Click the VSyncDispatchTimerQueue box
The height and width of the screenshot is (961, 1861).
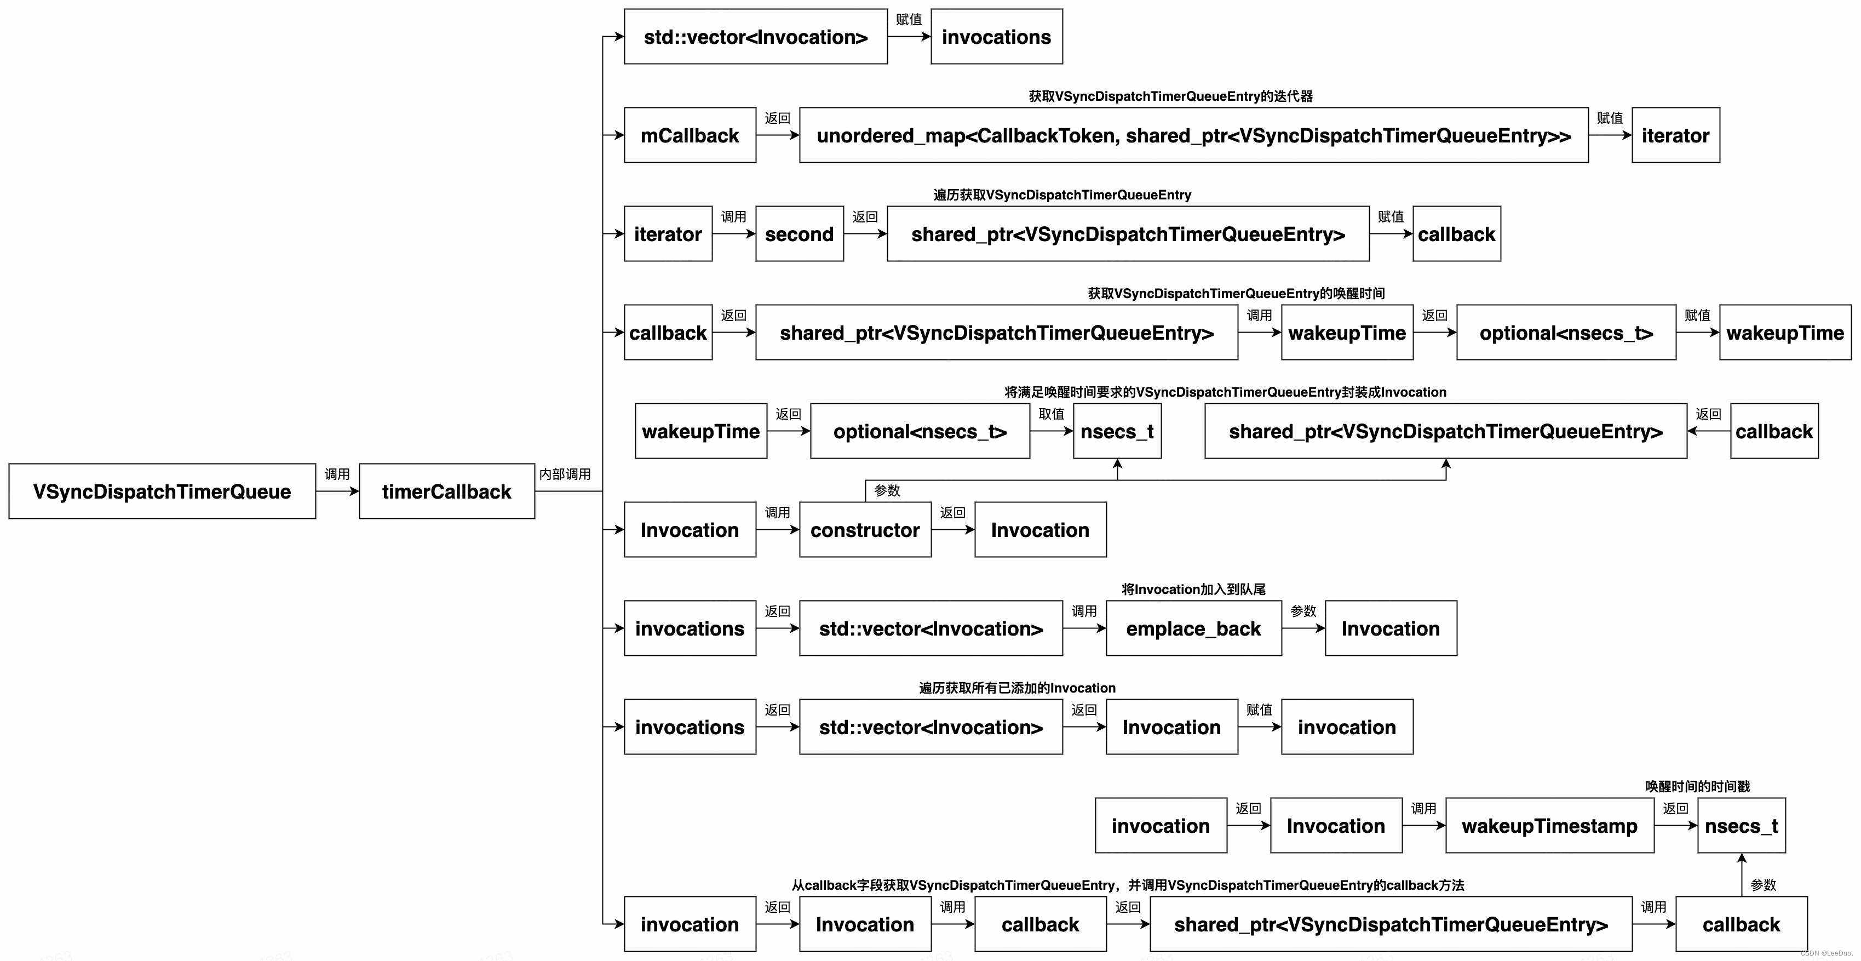click(x=162, y=491)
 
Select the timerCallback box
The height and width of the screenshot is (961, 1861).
click(x=446, y=491)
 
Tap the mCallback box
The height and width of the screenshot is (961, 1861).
click(x=690, y=135)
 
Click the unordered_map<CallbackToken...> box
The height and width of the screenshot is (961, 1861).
click(x=1193, y=135)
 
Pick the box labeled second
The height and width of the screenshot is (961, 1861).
click(x=799, y=234)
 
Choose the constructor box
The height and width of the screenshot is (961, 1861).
click(x=865, y=530)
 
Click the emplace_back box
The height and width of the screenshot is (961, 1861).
click(x=1193, y=628)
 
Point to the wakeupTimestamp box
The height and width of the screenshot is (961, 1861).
click(x=1549, y=826)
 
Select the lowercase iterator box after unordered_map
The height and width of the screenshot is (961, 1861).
click(x=1675, y=135)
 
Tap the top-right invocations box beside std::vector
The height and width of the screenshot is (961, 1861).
click(x=996, y=37)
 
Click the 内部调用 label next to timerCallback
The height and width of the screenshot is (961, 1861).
click(x=565, y=474)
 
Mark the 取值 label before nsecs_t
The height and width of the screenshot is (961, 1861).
click(x=1051, y=414)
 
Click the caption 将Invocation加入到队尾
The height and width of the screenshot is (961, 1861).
click(x=1193, y=590)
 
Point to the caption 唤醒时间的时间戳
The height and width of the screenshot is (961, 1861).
click(x=1698, y=787)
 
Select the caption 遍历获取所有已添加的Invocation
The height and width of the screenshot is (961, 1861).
click(x=1017, y=688)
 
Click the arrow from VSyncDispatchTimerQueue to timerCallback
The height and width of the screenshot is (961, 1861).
click(x=337, y=491)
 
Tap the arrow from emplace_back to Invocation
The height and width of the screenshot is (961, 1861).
click(x=1303, y=628)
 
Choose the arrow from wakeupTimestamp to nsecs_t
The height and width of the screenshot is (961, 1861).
click(x=1675, y=826)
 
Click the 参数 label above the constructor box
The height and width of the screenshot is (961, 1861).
click(x=887, y=490)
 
